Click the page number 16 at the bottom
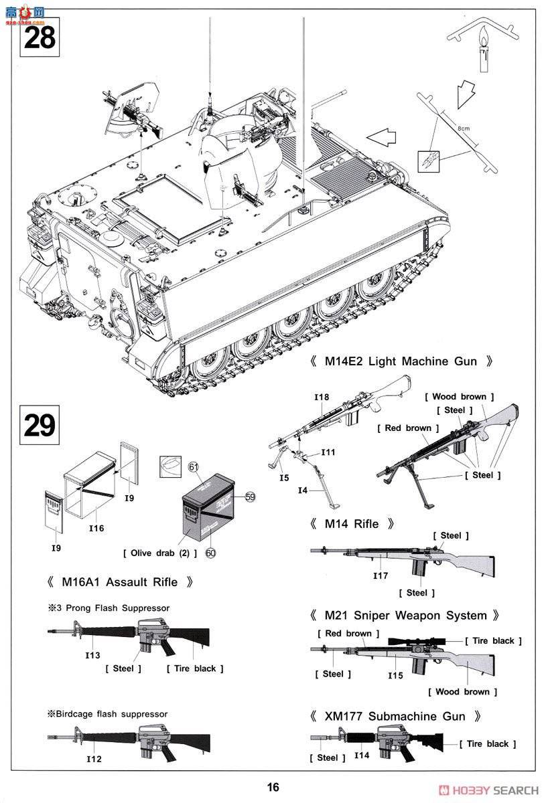point(272,788)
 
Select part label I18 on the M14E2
point(322,397)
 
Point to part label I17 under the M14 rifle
point(380,575)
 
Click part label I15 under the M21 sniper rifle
point(395,675)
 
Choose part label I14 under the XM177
point(362,755)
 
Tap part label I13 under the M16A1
point(93,655)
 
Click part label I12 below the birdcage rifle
point(94,759)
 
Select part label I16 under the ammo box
point(97,529)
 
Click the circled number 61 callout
point(194,466)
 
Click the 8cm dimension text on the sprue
point(463,126)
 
